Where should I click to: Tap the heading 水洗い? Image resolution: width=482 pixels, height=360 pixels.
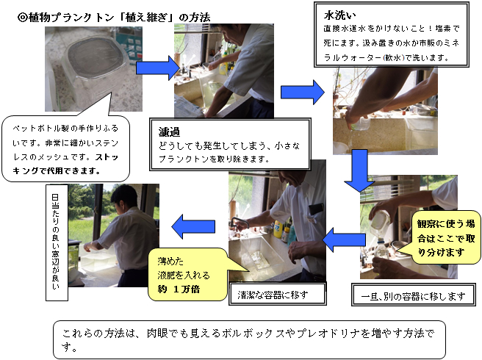click(x=339, y=14)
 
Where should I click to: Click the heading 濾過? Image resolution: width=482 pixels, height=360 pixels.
click(x=170, y=132)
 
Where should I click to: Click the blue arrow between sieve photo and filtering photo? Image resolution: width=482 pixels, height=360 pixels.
click(x=159, y=68)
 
